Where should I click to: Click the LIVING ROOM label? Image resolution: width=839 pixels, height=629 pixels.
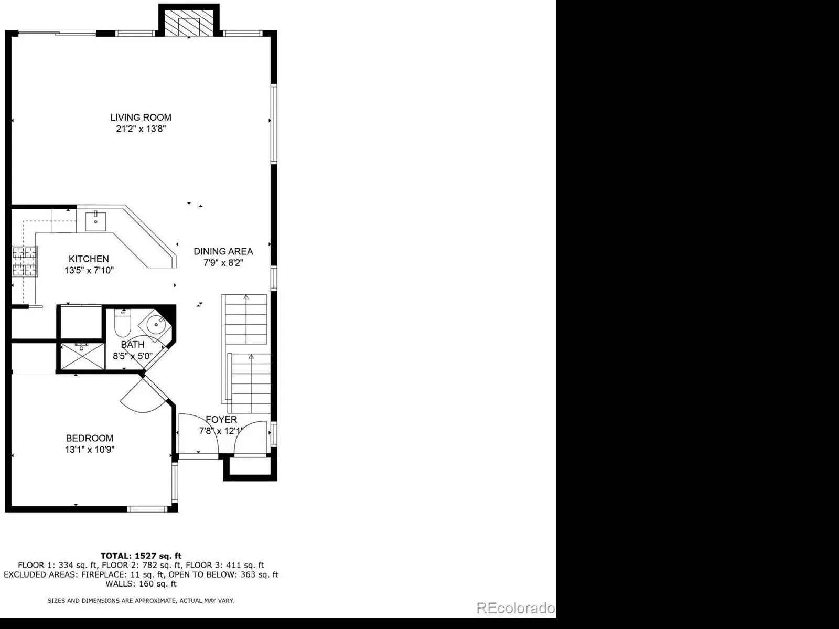click(141, 118)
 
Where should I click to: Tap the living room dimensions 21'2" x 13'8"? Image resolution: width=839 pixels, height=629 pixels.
click(141, 129)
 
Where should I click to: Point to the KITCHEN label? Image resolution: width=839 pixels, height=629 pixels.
click(89, 259)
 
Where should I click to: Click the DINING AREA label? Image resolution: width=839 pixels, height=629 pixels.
click(223, 252)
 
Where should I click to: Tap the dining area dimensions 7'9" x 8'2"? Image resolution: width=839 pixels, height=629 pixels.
click(223, 263)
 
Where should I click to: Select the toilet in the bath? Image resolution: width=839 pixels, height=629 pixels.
click(123, 323)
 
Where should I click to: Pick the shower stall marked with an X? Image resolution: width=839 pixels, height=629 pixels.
click(82, 356)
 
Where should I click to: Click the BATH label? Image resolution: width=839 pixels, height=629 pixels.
click(133, 345)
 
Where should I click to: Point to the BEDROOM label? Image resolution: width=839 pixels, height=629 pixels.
click(90, 438)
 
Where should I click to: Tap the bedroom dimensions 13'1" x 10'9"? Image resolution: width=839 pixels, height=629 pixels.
click(90, 450)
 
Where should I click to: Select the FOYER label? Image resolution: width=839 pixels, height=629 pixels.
click(221, 420)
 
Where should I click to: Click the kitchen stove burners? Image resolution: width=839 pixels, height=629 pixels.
click(25, 262)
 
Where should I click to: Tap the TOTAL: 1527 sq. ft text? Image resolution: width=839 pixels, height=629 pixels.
click(141, 556)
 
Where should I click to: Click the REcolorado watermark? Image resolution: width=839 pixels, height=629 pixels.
click(515, 608)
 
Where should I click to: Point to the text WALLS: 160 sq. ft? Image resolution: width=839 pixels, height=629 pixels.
click(141, 584)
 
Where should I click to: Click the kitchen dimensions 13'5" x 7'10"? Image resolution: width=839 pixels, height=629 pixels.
click(89, 271)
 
